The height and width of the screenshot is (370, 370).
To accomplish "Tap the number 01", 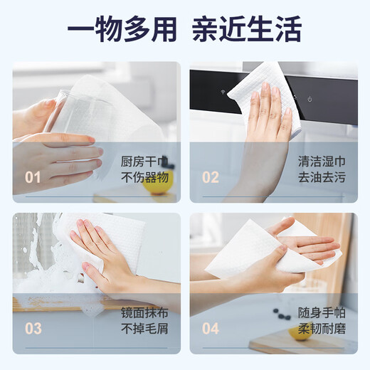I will point(33,177).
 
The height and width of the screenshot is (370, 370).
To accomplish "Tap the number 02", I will point(211,177).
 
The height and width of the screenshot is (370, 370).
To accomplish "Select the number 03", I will point(33,329).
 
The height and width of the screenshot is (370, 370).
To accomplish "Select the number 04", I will point(211,329).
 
